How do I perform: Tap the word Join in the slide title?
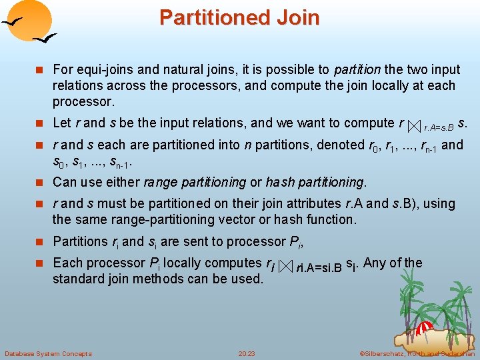click(297, 17)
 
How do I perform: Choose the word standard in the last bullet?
click(77, 279)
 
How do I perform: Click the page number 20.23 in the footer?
click(247, 353)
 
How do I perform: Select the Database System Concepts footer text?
click(48, 353)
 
